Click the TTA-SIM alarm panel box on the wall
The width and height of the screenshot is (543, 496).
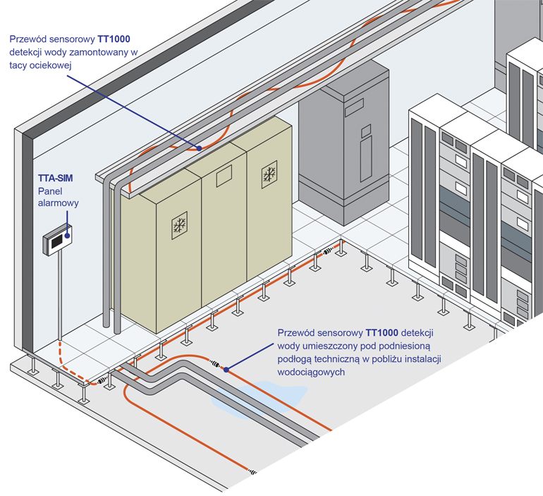tap(58, 241)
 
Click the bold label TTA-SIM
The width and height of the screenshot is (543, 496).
tap(56, 178)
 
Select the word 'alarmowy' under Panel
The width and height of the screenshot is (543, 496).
tap(58, 203)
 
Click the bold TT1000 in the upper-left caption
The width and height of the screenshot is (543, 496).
tap(114, 39)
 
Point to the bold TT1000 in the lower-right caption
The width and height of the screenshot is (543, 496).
tap(382, 333)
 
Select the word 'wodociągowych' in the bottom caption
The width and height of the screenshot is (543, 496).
tap(311, 373)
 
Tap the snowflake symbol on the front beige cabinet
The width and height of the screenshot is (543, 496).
tap(180, 226)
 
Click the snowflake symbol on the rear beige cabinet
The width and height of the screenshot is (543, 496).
tap(269, 174)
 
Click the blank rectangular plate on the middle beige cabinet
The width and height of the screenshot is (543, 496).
tap(224, 176)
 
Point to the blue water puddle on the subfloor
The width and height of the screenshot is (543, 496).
tap(259, 399)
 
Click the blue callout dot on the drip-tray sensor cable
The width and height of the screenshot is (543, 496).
tap(199, 148)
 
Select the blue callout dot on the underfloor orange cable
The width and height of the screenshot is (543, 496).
tap(226, 370)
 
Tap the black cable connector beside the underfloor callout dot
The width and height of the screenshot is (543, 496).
tap(214, 363)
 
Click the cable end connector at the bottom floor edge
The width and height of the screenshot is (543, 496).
tap(252, 471)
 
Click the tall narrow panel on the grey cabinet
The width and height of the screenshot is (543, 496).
tap(366, 159)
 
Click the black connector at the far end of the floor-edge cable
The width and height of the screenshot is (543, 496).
tap(327, 252)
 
